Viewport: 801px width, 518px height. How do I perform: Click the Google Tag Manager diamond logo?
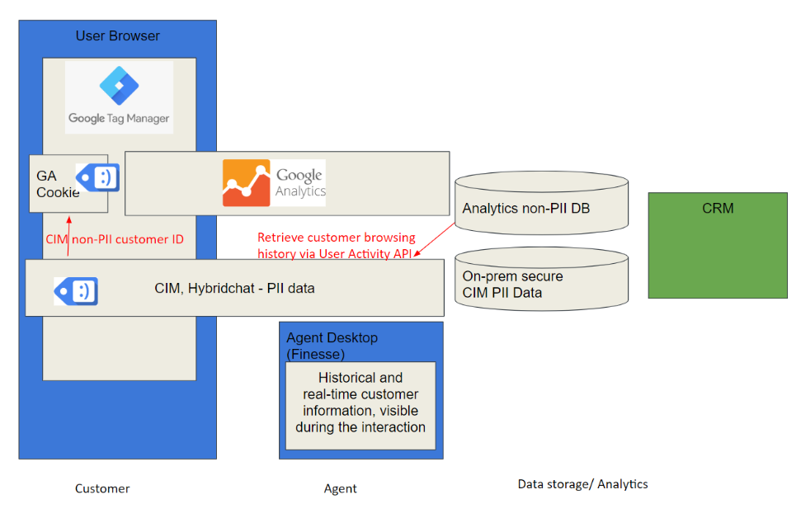pyautogui.click(x=119, y=85)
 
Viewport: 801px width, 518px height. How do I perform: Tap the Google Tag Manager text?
pyautogui.click(x=119, y=118)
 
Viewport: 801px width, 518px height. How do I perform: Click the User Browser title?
pyautogui.click(x=117, y=35)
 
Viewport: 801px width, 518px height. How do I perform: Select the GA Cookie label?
pyautogui.click(x=58, y=184)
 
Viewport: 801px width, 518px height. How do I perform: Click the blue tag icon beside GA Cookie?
pyautogui.click(x=97, y=177)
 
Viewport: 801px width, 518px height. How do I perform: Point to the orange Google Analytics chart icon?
pyautogui.click(x=246, y=183)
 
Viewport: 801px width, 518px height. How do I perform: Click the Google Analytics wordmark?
pyautogui.click(x=300, y=183)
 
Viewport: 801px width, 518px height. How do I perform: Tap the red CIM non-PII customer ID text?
pyautogui.click(x=115, y=239)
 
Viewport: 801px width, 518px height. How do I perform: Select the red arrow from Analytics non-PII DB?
pyautogui.click(x=434, y=239)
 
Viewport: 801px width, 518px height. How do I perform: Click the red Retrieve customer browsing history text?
pyautogui.click(x=336, y=245)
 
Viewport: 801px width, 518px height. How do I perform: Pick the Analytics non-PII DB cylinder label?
pyautogui.click(x=526, y=208)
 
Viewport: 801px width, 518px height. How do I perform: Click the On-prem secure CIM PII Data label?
pyautogui.click(x=513, y=284)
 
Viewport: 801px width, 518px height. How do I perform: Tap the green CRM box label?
pyautogui.click(x=718, y=208)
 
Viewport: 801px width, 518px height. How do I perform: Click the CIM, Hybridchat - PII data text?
pyautogui.click(x=234, y=288)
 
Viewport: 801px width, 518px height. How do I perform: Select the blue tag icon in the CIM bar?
pyautogui.click(x=76, y=291)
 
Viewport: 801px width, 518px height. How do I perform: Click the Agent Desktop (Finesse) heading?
pyautogui.click(x=332, y=346)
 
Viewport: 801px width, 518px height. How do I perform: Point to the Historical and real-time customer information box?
pyautogui.click(x=360, y=406)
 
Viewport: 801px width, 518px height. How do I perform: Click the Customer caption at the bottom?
pyautogui.click(x=102, y=488)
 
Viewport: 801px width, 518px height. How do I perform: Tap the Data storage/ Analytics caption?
pyautogui.click(x=583, y=484)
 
